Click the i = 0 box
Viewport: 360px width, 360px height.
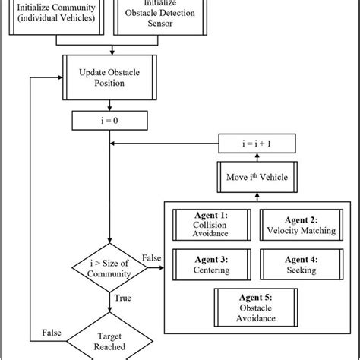pos(112,120)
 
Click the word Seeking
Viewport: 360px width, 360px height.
pos(298,270)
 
